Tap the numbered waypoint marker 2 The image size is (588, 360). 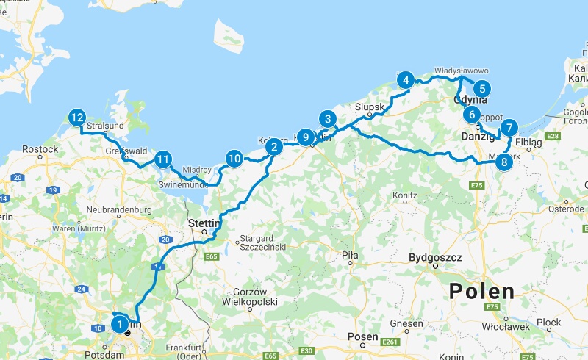click(273, 147)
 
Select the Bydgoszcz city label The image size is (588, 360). click(435, 258)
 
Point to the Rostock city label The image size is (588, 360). click(40, 149)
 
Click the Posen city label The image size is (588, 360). click(362, 336)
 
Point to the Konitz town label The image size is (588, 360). click(404, 196)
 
